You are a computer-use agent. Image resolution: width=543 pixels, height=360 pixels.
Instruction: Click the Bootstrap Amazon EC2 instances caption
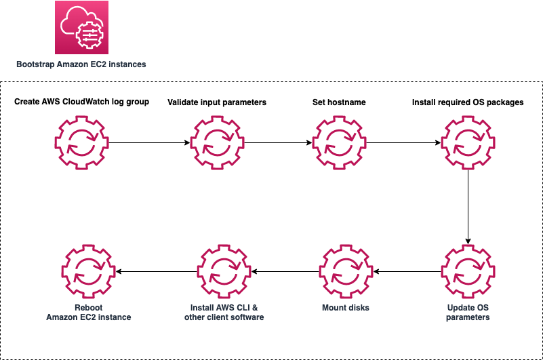click(81, 64)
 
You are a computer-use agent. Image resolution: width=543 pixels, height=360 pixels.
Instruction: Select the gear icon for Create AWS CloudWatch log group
click(81, 143)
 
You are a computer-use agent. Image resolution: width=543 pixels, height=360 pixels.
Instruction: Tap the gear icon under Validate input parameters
click(217, 143)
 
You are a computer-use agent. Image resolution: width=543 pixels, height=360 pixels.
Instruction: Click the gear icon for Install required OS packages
click(468, 143)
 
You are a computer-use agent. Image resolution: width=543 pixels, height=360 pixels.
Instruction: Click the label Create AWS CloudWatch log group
click(81, 102)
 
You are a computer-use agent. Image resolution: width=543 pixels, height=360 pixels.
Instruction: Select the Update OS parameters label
click(468, 312)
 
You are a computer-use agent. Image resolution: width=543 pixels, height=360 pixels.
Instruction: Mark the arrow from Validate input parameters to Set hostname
click(277, 143)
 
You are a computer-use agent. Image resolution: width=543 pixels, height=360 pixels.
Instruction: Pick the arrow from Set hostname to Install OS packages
click(403, 143)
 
